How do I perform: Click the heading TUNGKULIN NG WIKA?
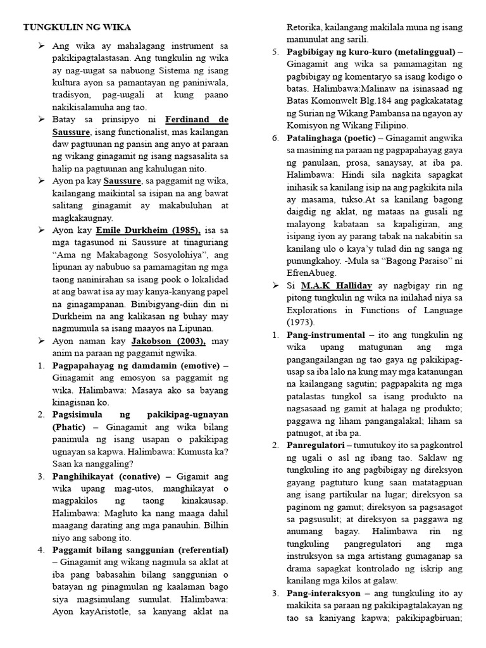point(78,28)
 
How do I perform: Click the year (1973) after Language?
point(301,322)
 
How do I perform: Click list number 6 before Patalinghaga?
point(275,137)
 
